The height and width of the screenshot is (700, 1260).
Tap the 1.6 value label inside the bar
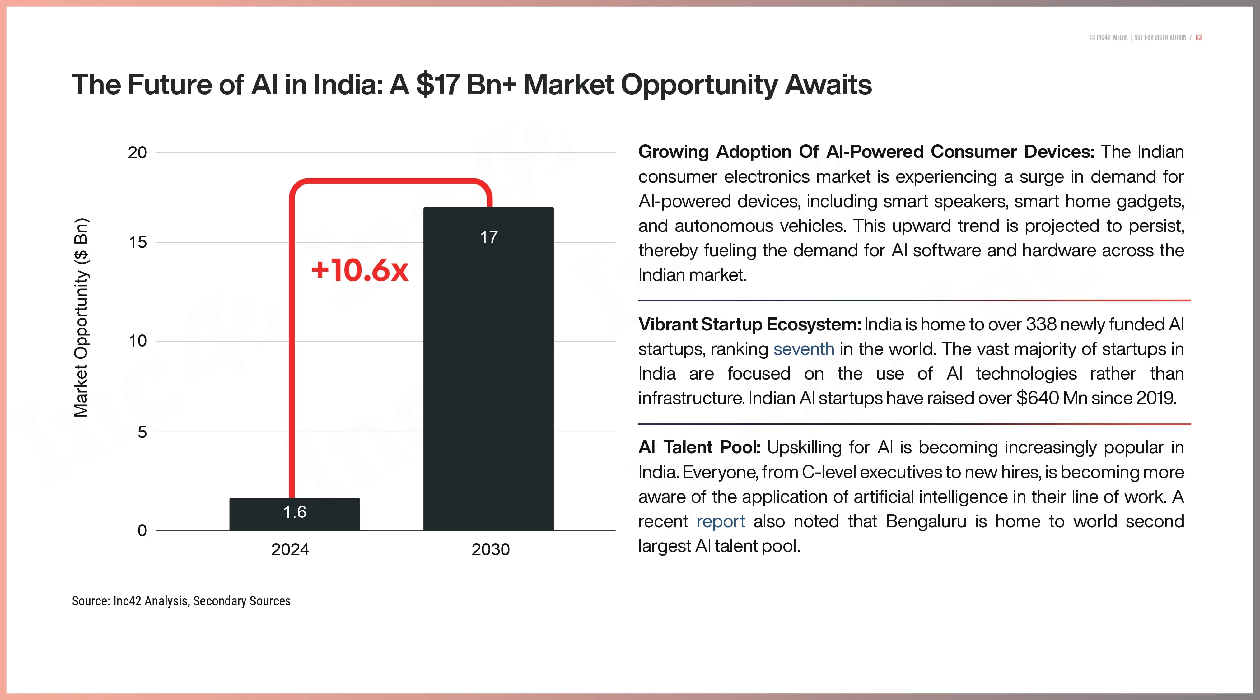(294, 512)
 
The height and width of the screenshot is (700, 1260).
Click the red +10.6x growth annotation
(360, 270)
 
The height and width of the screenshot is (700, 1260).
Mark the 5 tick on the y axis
(142, 432)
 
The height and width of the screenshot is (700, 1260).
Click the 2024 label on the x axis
(290, 549)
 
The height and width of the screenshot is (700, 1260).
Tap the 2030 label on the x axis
(491, 549)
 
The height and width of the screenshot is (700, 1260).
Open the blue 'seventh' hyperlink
(804, 349)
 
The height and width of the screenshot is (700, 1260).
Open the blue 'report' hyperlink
(721, 521)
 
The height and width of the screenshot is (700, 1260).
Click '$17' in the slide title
(437, 85)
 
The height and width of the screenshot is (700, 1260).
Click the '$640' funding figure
(1037, 398)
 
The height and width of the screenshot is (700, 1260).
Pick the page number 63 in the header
(1198, 38)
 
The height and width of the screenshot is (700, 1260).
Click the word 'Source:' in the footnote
(91, 601)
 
